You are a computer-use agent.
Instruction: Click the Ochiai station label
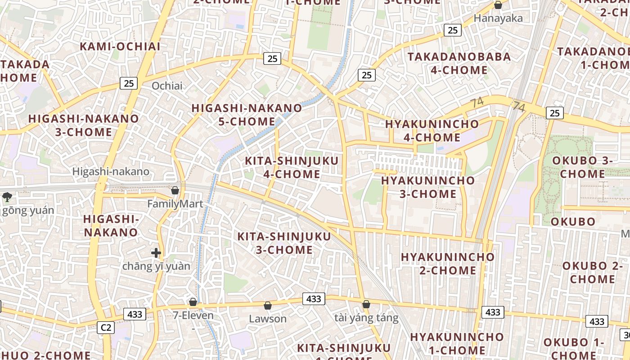coord(167,85)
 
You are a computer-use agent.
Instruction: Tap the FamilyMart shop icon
coord(175,190)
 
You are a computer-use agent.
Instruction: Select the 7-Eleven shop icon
coord(193,302)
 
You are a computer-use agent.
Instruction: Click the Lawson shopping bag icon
coord(268,306)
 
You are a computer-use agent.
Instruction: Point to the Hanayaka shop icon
coord(498,5)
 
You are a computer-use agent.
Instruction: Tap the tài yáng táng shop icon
coord(366,305)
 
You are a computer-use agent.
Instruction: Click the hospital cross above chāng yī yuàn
coord(156,253)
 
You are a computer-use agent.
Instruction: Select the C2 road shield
coord(106,328)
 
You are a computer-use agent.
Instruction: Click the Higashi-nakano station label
coord(111,171)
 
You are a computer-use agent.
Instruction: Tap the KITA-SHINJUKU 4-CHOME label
coord(292,167)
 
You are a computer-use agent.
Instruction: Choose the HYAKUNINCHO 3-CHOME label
coord(427,187)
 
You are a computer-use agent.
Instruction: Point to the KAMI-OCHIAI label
coord(120,46)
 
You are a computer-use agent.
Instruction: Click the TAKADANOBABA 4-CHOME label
coord(459,63)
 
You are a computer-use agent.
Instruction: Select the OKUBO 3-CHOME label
coord(582,167)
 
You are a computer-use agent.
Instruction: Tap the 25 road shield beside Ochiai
coord(129,83)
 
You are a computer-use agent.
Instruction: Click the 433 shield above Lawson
coord(314,299)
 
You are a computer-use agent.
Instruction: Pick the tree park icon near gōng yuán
coord(7,197)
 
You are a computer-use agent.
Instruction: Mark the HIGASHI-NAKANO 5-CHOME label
coord(247,115)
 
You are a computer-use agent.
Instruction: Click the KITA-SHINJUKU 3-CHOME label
coord(284,243)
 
